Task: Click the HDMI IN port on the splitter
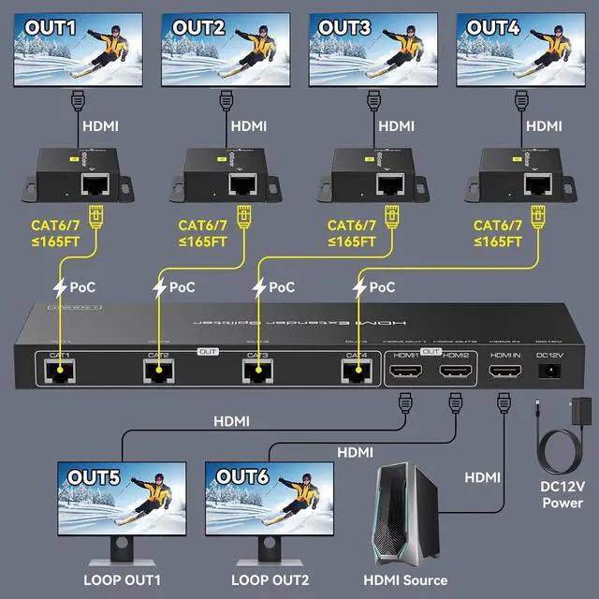coord(504,372)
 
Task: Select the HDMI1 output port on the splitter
coord(406,372)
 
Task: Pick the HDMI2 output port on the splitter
coord(456,372)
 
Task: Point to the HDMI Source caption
coord(404,579)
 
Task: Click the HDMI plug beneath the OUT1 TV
coord(79,101)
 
